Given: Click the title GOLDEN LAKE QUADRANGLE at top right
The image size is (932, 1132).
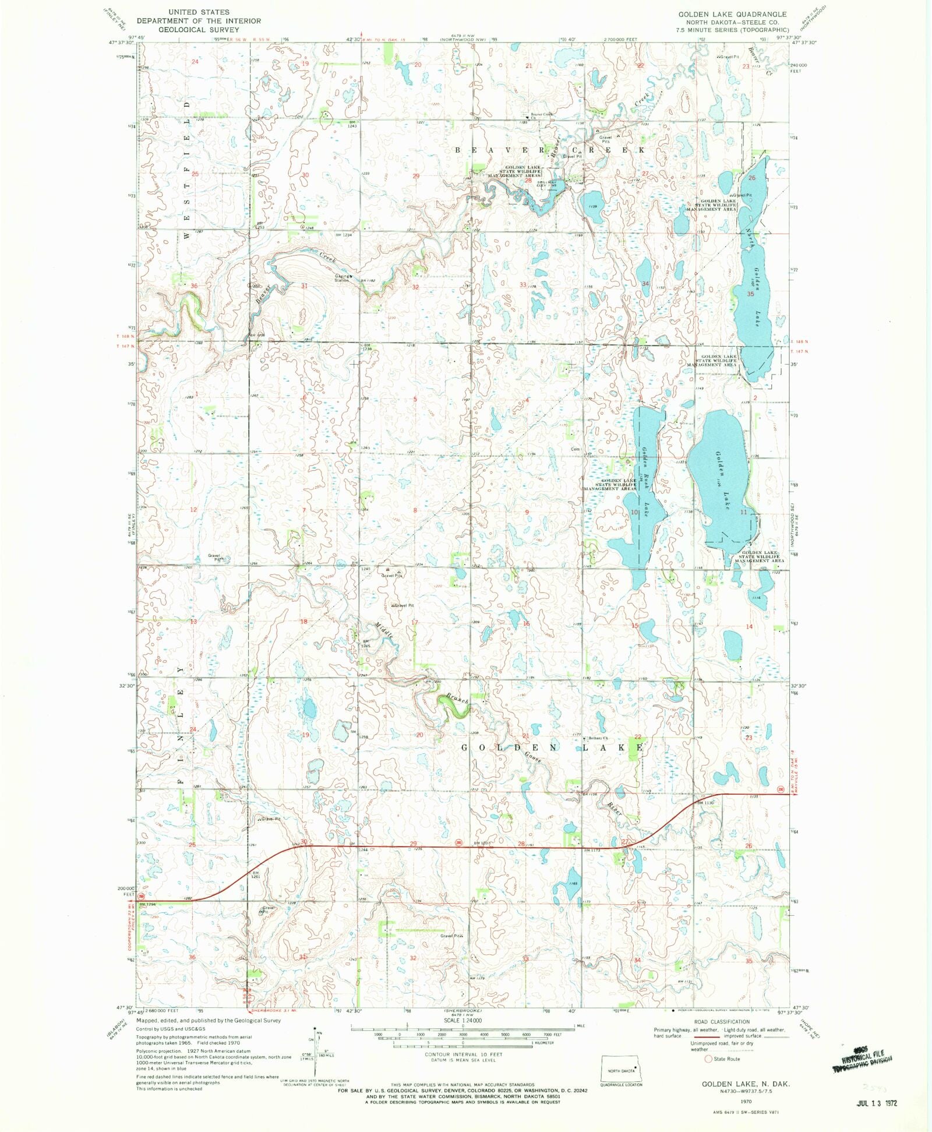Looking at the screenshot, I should point(732,14).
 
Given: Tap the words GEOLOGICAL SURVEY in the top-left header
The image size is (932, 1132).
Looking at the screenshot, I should point(199,30).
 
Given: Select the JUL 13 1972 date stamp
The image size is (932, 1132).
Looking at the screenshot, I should point(877,1103).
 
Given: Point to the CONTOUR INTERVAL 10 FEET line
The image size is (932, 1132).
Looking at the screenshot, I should point(464,1055).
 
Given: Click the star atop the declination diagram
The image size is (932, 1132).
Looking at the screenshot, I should point(315,1029).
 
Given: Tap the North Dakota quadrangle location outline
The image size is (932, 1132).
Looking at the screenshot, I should point(622,1070).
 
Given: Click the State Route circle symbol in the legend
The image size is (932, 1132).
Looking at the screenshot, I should point(708,1059).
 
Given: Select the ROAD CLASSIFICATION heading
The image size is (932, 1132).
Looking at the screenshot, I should point(722,1022).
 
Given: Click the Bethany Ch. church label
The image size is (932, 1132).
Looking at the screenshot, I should point(598,739).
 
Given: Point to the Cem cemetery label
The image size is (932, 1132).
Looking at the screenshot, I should point(576,449).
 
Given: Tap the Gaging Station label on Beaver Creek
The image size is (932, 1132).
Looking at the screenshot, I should point(343,278).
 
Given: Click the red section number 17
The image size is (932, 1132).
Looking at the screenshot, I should point(414,622).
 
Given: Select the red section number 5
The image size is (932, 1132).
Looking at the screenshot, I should point(415,399).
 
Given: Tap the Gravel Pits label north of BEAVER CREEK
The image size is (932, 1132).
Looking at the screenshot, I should point(605,139).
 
